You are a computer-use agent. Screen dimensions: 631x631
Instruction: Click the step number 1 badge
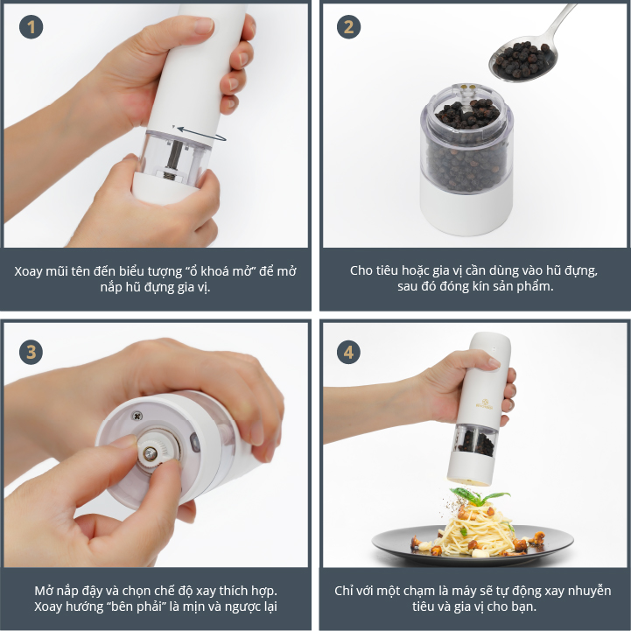click(x=31, y=27)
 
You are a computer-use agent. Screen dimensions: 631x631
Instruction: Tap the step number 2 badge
click(x=348, y=27)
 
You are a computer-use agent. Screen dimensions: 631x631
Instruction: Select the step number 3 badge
click(x=31, y=352)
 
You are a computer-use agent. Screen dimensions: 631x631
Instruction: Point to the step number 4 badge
click(x=348, y=352)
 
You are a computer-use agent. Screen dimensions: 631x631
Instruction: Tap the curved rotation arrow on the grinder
click(x=200, y=134)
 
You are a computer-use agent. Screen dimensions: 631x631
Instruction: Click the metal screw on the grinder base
click(x=137, y=416)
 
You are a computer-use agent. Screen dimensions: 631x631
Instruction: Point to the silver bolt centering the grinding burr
click(x=151, y=453)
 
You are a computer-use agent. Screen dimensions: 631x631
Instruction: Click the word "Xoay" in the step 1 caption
click(x=28, y=271)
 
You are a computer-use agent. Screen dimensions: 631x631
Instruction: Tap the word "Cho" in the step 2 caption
click(x=359, y=270)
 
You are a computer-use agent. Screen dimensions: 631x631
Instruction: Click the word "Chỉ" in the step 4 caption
click(x=343, y=591)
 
